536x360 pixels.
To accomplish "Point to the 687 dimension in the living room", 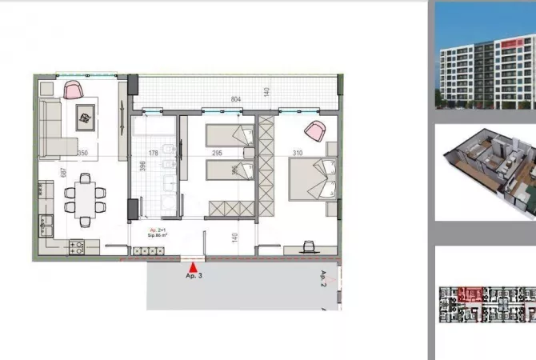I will point(58,173).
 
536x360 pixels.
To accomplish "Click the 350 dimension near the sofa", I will point(82,152).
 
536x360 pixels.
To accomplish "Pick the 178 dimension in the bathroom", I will point(154,152).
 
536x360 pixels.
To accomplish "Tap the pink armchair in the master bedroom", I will point(314,130).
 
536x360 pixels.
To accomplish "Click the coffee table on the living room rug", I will point(84,118).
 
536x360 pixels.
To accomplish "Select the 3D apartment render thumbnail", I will point(485,172).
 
